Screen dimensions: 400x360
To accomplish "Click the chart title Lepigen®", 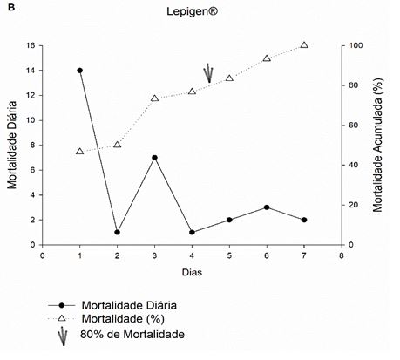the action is [x=192, y=11].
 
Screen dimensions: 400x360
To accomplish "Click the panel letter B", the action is [x=11, y=8].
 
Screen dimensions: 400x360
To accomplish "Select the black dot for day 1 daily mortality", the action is [x=80, y=71].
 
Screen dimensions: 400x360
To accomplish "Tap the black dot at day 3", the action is [x=154, y=158].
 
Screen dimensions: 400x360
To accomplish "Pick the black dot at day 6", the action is [x=267, y=207].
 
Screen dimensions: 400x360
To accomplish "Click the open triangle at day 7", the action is [x=304, y=45].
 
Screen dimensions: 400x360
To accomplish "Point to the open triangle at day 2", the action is [x=118, y=145].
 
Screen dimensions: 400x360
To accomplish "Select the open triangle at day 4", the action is [x=192, y=92].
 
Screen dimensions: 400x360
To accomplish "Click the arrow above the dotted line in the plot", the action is [x=208, y=73].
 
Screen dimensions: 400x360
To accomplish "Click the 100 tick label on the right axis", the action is [x=356, y=45].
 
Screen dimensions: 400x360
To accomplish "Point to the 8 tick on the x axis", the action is [x=342, y=255].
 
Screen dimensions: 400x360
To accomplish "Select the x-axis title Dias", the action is [x=192, y=272].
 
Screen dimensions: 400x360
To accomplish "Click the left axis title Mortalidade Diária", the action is [x=12, y=145].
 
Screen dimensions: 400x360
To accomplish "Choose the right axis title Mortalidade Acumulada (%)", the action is [x=378, y=145].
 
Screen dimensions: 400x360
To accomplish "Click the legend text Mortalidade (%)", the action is [x=123, y=319].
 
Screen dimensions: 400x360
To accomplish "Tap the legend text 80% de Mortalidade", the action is [x=132, y=334].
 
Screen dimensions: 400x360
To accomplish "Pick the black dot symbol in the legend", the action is [x=62, y=305].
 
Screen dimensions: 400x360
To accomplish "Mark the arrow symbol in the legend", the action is [x=63, y=336].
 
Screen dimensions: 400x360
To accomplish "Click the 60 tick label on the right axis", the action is [x=354, y=126].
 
